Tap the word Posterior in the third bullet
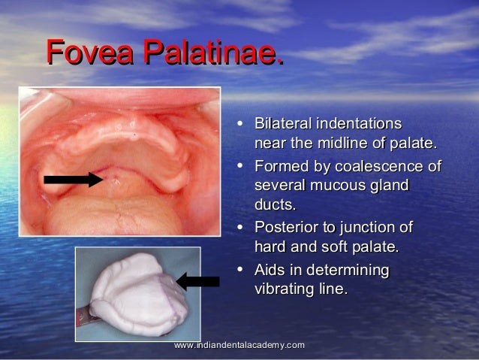tap(287, 228)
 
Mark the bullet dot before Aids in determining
tap(239, 271)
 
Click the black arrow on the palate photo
tap(73, 179)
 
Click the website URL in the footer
tap(239, 344)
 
